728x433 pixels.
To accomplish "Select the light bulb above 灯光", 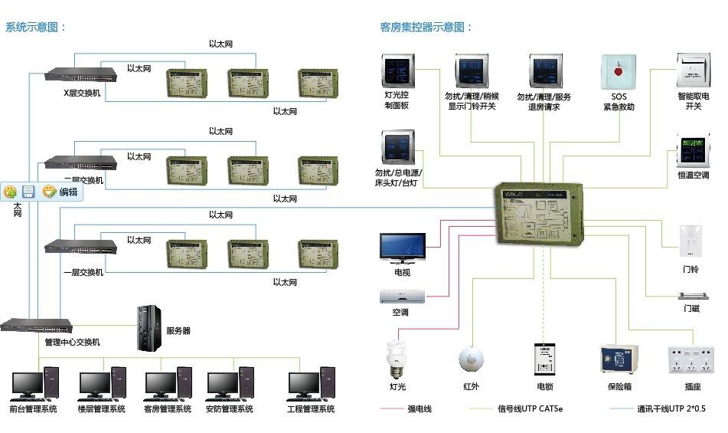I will (x=397, y=357).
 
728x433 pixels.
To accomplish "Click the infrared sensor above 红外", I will (x=471, y=359).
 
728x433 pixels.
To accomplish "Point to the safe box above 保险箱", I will (x=619, y=359).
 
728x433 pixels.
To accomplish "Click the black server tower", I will (x=149, y=328).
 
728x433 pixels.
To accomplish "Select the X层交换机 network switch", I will (x=80, y=74).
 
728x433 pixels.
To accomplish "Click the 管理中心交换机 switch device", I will (x=36, y=325).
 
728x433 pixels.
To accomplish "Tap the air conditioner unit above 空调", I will (x=401, y=296).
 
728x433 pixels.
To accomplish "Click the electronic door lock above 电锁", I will (x=544, y=359).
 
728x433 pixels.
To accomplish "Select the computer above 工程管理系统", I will (x=311, y=383).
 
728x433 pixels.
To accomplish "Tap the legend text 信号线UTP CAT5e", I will (x=530, y=409).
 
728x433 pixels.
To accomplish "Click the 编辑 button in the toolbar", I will (x=61, y=192).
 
